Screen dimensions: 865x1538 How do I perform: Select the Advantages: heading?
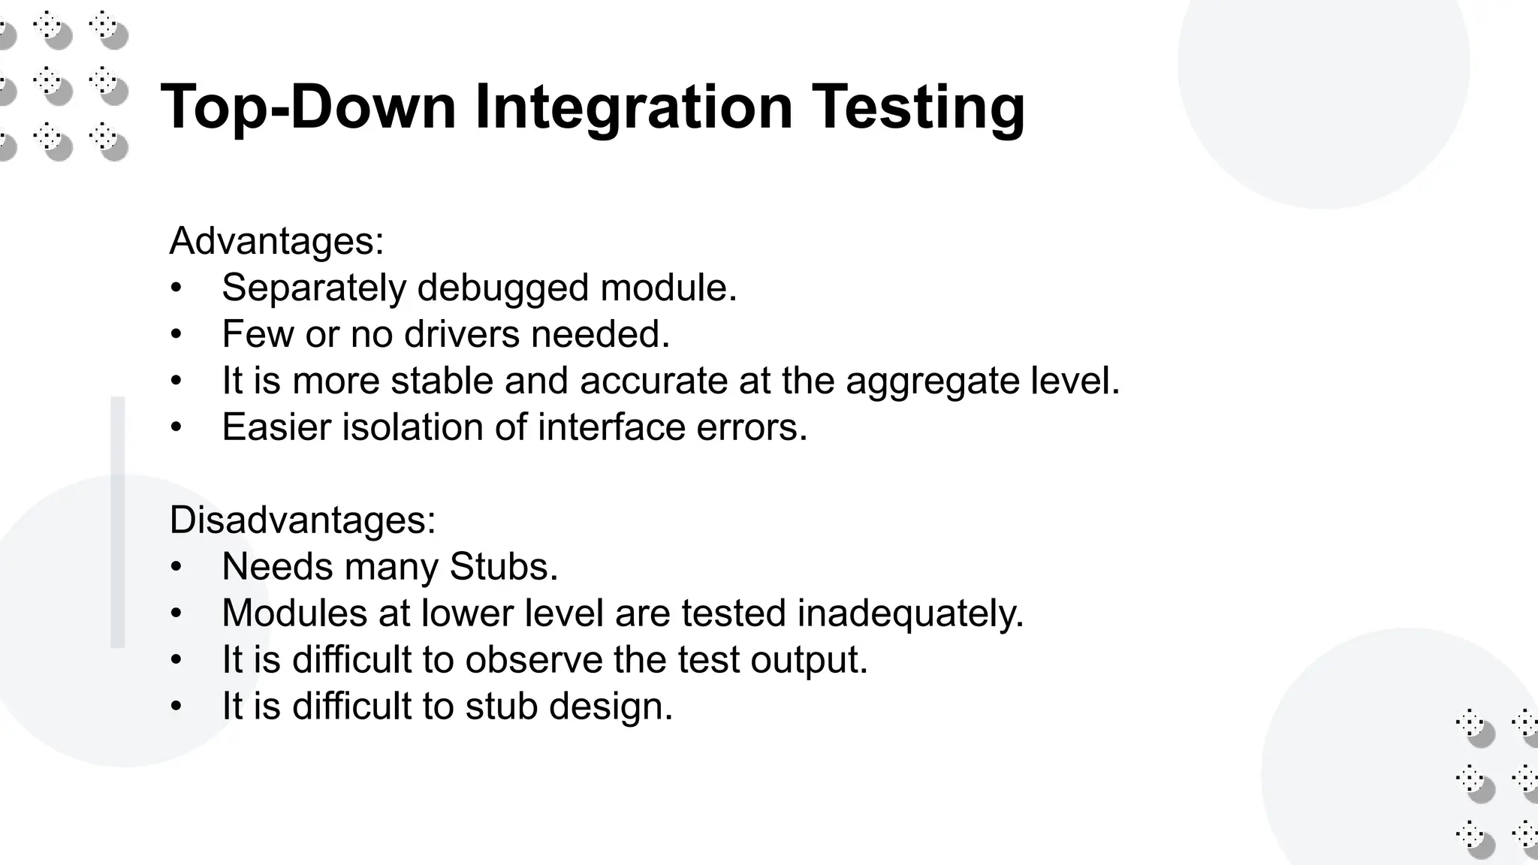pos(276,241)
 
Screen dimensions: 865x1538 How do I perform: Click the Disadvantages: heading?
pos(302,520)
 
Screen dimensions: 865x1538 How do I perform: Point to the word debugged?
pos(502,288)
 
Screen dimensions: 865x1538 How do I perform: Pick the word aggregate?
pos(932,381)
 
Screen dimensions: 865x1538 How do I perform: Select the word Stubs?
pos(503,566)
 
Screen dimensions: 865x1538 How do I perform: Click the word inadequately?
pos(909,613)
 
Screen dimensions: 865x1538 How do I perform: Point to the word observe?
pos(533,659)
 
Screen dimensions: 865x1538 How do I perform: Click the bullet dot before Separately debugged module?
pos(176,288)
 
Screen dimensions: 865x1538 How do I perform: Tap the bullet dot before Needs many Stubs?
pos(176,567)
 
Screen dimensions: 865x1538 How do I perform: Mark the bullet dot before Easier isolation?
pos(176,428)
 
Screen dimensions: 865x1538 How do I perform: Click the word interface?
pos(611,427)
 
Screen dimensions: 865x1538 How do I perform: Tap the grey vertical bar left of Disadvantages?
pos(118,521)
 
